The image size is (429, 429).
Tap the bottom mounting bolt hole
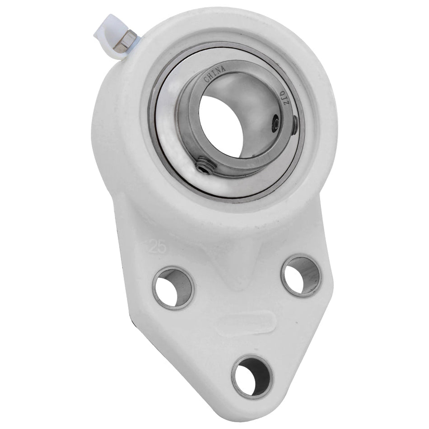pos(252,377)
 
